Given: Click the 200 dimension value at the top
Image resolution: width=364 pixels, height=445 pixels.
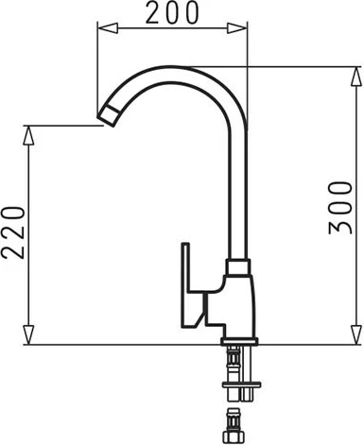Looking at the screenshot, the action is pyautogui.click(x=172, y=12).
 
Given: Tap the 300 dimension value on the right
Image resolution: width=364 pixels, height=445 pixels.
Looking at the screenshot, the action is pyautogui.click(x=340, y=208).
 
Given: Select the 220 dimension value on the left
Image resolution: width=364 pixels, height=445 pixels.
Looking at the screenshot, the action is pyautogui.click(x=13, y=232).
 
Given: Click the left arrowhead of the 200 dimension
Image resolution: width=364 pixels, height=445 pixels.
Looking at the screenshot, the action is pyautogui.click(x=108, y=28).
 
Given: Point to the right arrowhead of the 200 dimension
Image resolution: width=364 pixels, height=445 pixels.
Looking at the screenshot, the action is pyautogui.click(x=237, y=28).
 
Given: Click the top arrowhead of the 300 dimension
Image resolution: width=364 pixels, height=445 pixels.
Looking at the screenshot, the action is pyautogui.click(x=356, y=77).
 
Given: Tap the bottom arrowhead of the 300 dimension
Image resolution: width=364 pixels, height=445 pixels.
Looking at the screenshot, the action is pyautogui.click(x=356, y=334).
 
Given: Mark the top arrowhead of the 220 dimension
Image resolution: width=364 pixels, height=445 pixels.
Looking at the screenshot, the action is pyautogui.click(x=28, y=135).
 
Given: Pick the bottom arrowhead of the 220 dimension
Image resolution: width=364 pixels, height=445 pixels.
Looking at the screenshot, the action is pyautogui.click(x=28, y=334).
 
